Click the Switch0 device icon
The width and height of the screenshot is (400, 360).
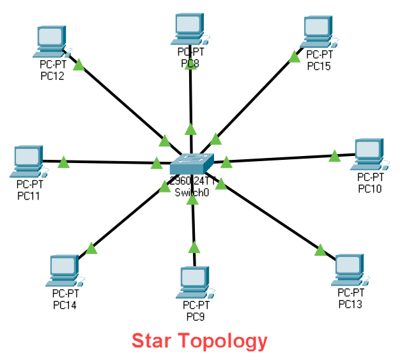(x=191, y=164)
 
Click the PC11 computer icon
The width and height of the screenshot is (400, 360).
(x=27, y=160)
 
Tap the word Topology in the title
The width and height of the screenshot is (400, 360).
(x=227, y=341)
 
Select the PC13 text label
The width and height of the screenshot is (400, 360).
(x=350, y=304)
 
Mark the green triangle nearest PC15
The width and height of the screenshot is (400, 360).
(x=294, y=58)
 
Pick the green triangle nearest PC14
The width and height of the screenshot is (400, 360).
(x=91, y=247)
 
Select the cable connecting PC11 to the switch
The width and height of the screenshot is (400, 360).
(x=109, y=162)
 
